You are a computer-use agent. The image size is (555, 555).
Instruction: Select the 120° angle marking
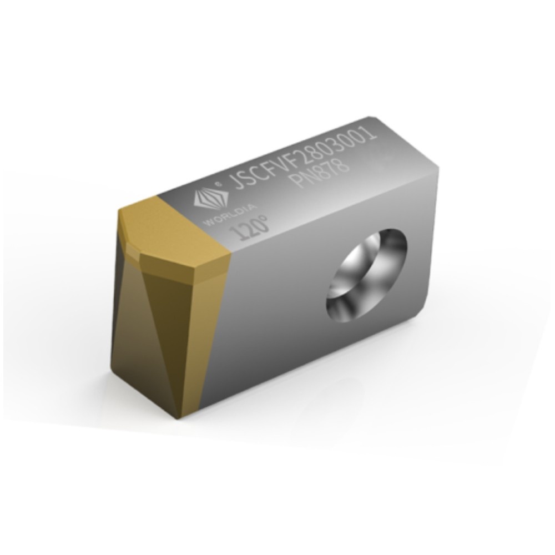(x=253, y=226)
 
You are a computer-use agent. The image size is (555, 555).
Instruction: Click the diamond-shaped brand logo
(x=206, y=198)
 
